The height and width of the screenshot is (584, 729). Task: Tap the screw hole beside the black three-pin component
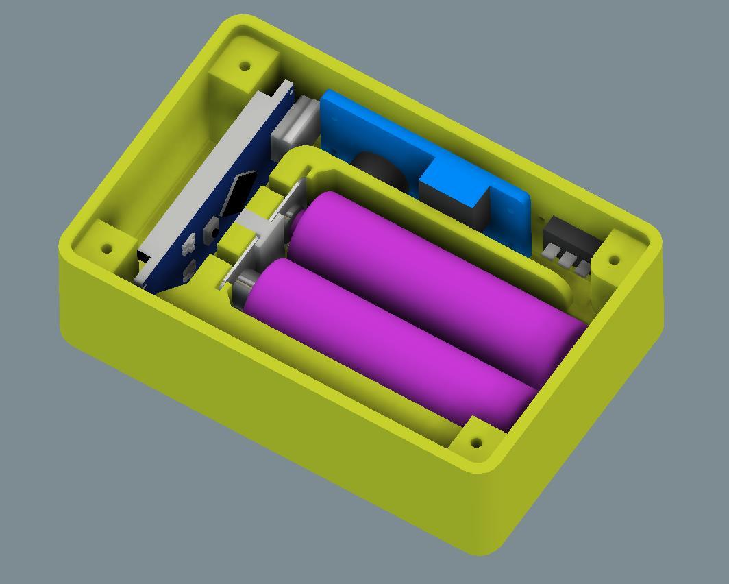click(614, 260)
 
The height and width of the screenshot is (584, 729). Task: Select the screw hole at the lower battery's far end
click(477, 442)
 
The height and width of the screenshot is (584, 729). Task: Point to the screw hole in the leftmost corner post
click(107, 248)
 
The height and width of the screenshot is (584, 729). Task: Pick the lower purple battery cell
click(391, 343)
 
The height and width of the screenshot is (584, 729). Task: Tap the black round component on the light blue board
click(380, 171)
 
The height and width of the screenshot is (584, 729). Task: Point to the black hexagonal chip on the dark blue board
click(236, 192)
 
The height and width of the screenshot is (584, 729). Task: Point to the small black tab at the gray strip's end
click(143, 256)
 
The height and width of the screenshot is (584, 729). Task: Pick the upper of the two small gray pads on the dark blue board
click(189, 241)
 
